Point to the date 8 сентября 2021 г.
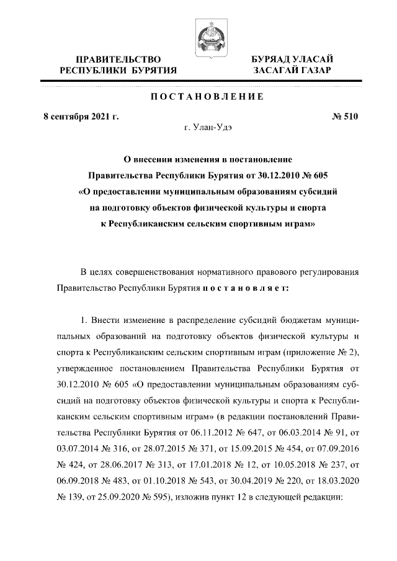point(81,116)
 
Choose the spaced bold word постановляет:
point(247,288)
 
